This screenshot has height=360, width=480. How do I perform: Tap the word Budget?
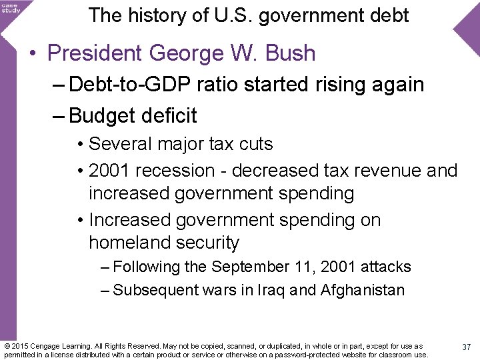click(x=100, y=116)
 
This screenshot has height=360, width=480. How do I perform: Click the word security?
click(x=206, y=243)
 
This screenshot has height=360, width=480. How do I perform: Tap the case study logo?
click(x=11, y=8)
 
